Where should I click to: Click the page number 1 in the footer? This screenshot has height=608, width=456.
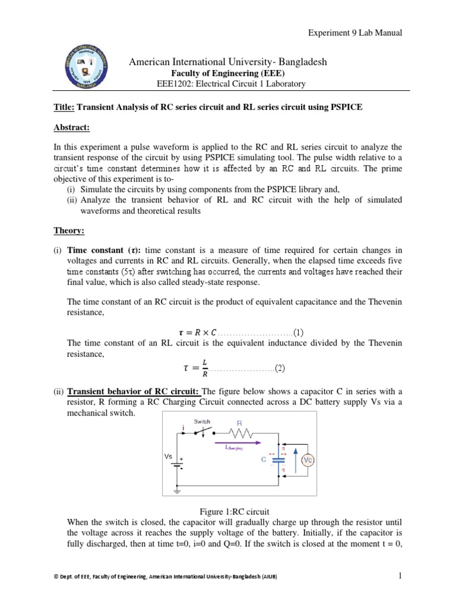point(401,575)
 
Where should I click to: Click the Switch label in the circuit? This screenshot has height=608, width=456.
point(202,422)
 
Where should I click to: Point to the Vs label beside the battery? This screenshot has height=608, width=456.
point(169,457)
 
